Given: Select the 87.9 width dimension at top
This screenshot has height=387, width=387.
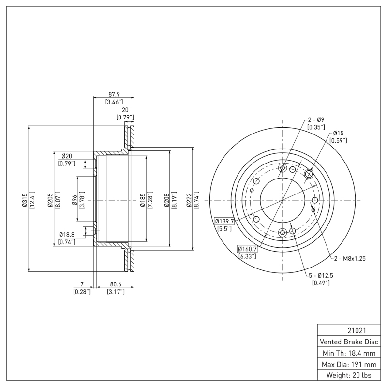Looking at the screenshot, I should [114, 94].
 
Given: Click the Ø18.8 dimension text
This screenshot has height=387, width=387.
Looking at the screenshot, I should [67, 234].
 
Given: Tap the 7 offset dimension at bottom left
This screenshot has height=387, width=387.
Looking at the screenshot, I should [82, 284].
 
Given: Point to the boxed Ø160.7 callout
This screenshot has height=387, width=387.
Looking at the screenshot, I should [247, 249].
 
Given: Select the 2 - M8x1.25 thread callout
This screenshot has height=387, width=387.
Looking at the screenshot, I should [347, 258].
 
